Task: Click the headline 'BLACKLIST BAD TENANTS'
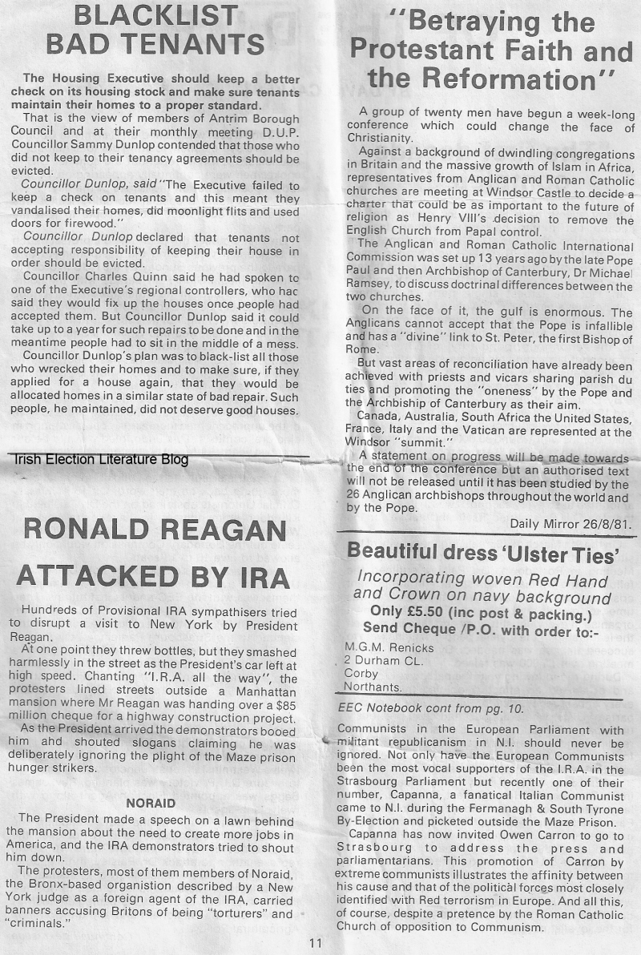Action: (155, 30)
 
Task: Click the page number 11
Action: (316, 942)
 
